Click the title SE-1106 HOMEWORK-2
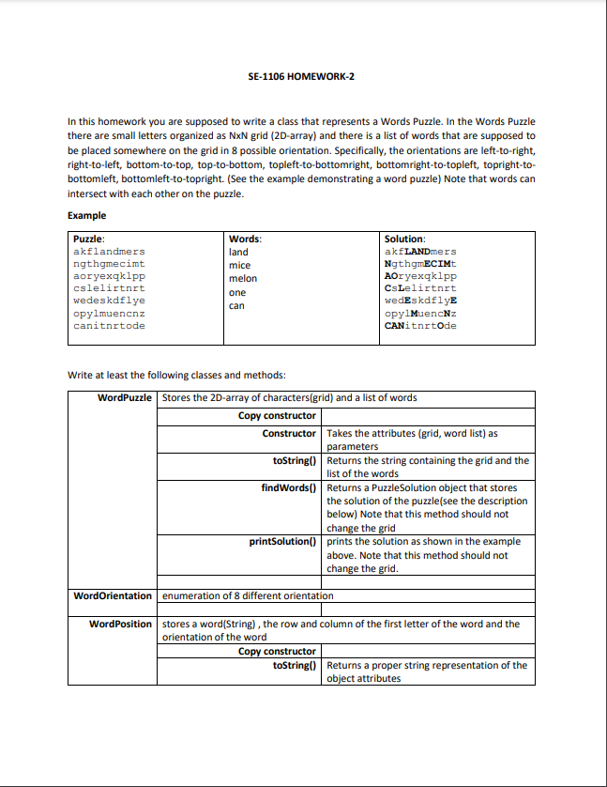[x=302, y=75]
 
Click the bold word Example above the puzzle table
[x=87, y=215]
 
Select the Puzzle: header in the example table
[x=89, y=240]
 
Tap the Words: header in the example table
[x=245, y=240]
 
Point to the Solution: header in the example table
[x=405, y=240]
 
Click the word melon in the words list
[x=242, y=279]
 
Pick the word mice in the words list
[x=239, y=266]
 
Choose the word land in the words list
[x=238, y=253]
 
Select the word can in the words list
[x=236, y=305]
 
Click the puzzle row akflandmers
[x=109, y=252]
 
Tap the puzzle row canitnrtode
[x=109, y=326]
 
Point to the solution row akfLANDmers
[x=420, y=252]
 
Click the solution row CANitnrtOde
[x=420, y=326]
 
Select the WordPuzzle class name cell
[x=125, y=398]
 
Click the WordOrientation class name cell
[x=113, y=595]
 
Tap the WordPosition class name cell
[x=120, y=624]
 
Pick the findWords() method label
[x=289, y=487]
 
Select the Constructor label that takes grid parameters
[x=289, y=433]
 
